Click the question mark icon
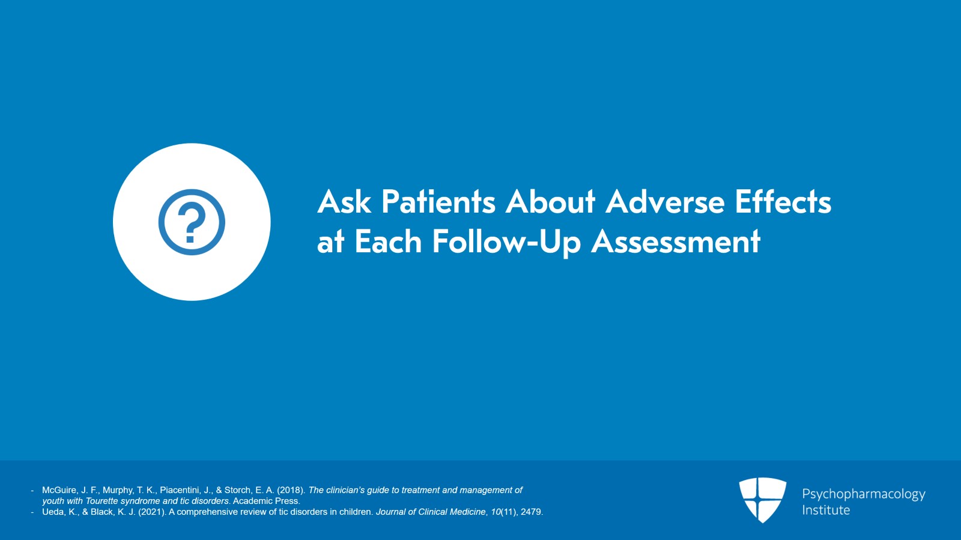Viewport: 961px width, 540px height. pos(192,222)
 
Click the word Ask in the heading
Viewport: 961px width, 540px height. pos(344,202)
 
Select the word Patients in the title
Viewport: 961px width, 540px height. pos(438,202)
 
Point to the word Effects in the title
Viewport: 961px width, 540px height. pos(783,202)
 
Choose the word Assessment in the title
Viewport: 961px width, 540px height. pos(676,242)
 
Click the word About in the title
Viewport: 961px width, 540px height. pos(550,202)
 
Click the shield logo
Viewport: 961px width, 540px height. pos(762,499)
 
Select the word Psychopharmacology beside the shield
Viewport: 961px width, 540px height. pos(863,494)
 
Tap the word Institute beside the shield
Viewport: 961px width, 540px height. pos(826,510)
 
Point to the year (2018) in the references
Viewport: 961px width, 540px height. pos(291,490)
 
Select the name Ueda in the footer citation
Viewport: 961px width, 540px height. pos(53,512)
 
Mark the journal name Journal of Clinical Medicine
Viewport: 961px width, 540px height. pos(430,512)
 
